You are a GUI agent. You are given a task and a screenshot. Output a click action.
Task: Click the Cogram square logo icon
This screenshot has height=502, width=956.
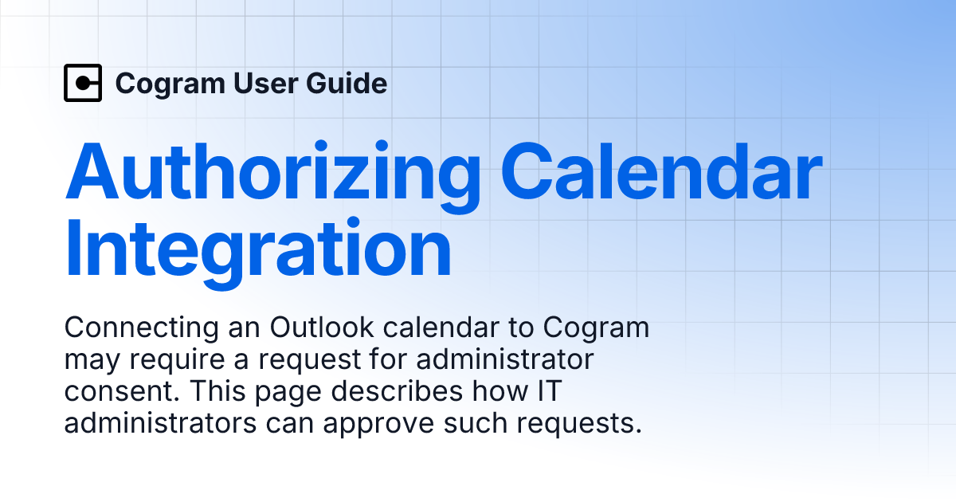pyautogui.click(x=83, y=83)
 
